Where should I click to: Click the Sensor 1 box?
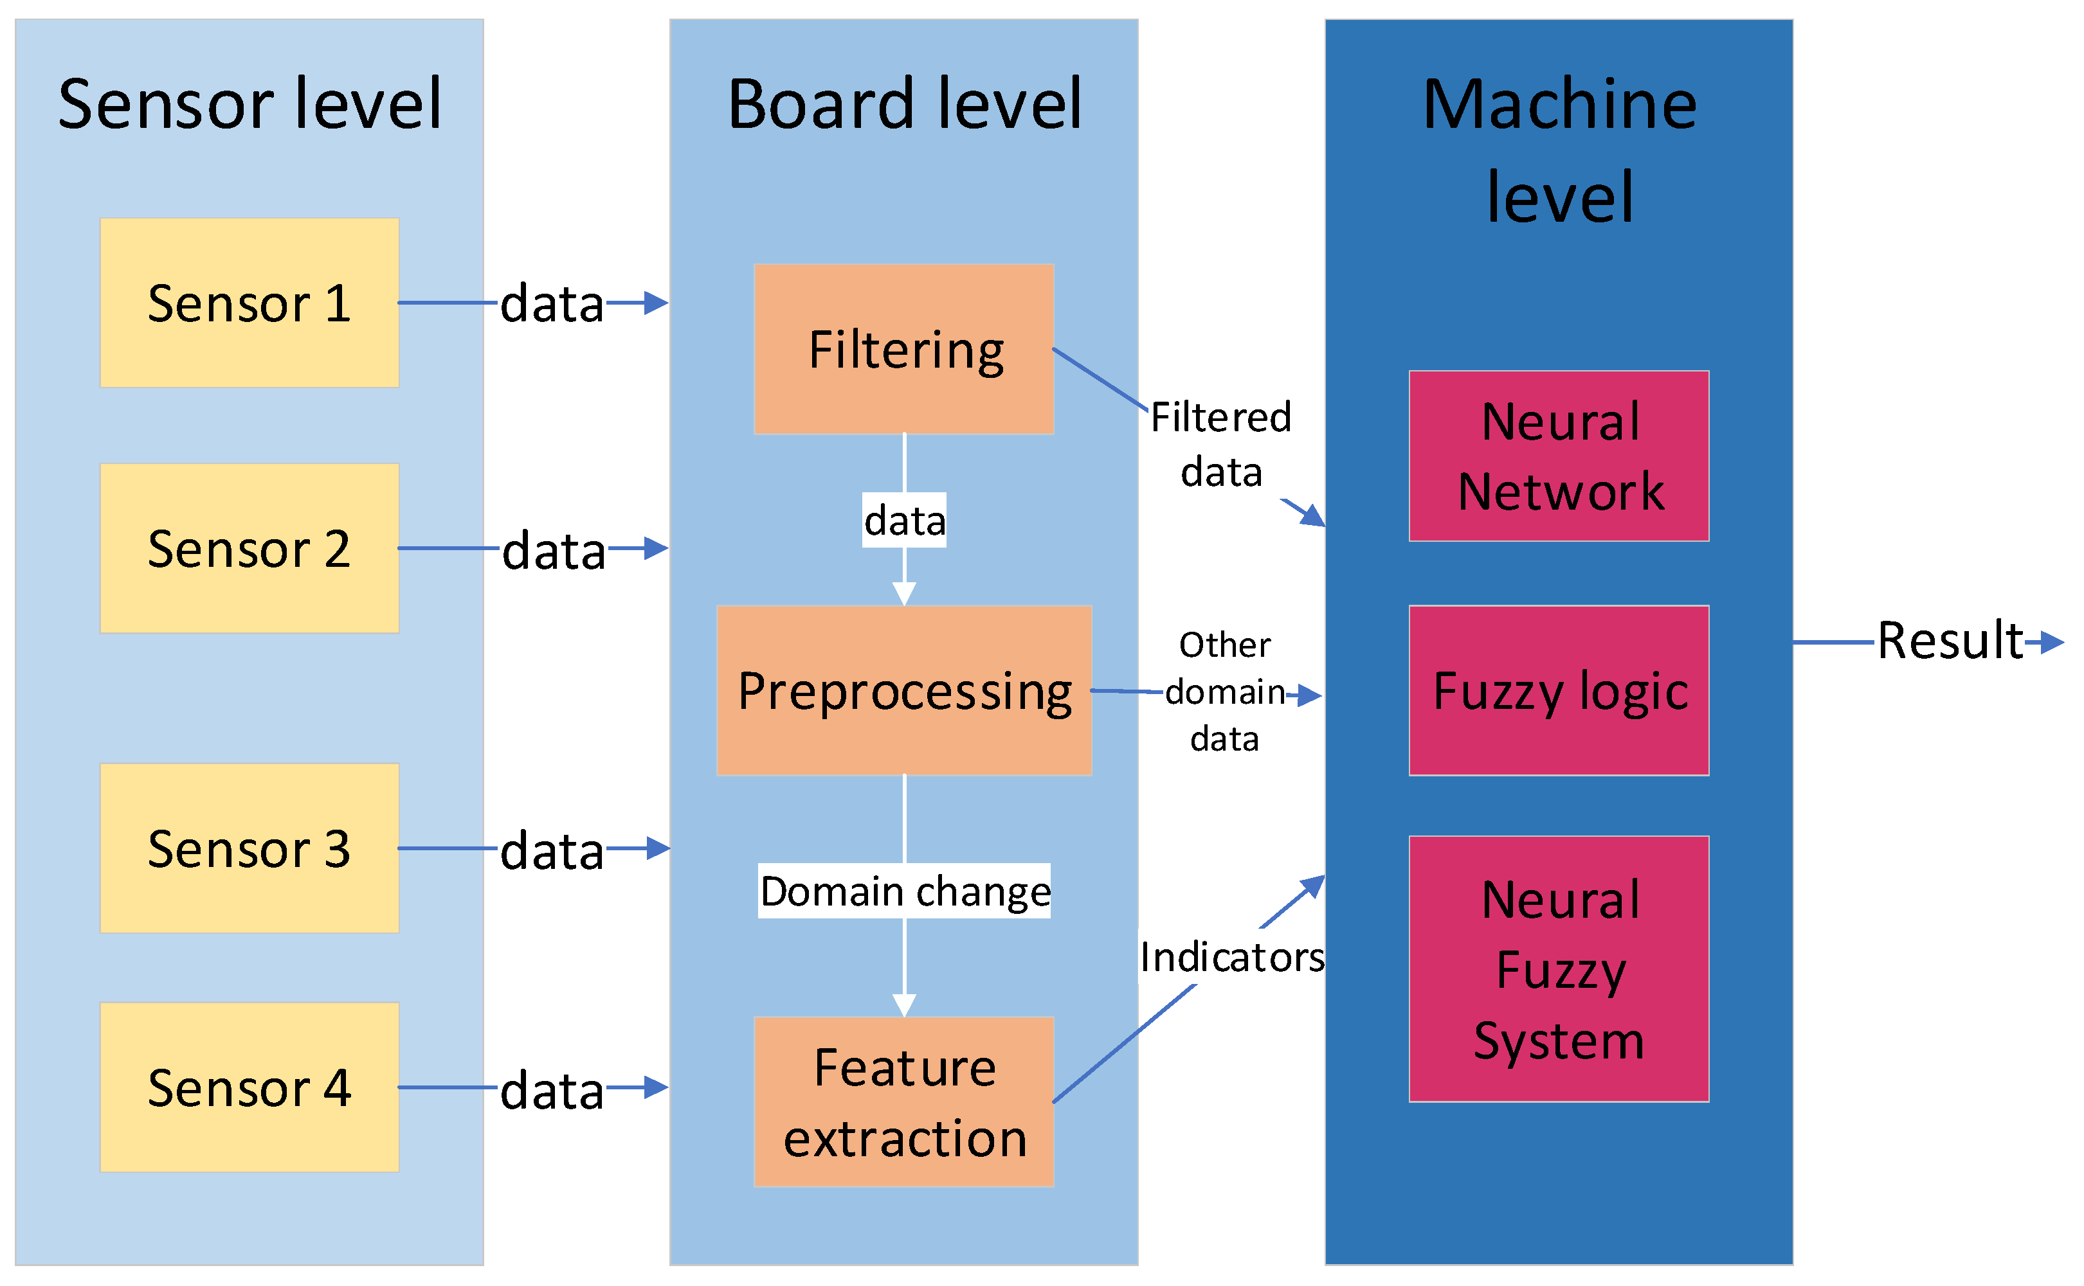click(249, 303)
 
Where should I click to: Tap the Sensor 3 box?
click(249, 848)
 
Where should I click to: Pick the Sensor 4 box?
click(249, 1087)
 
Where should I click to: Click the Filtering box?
click(903, 349)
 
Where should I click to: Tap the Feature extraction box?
click(903, 1102)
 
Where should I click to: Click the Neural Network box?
click(1558, 456)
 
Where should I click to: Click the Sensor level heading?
click(249, 103)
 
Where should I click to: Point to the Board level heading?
click(903, 103)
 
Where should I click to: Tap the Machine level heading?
click(1558, 150)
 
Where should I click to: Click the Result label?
click(1949, 641)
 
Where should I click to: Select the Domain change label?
click(903, 891)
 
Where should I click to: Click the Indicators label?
click(1231, 957)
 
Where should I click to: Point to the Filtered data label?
click(1220, 444)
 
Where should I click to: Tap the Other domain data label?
click(1224, 692)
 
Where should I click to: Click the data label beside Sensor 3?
click(552, 850)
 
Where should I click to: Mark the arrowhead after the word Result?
click(2052, 642)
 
